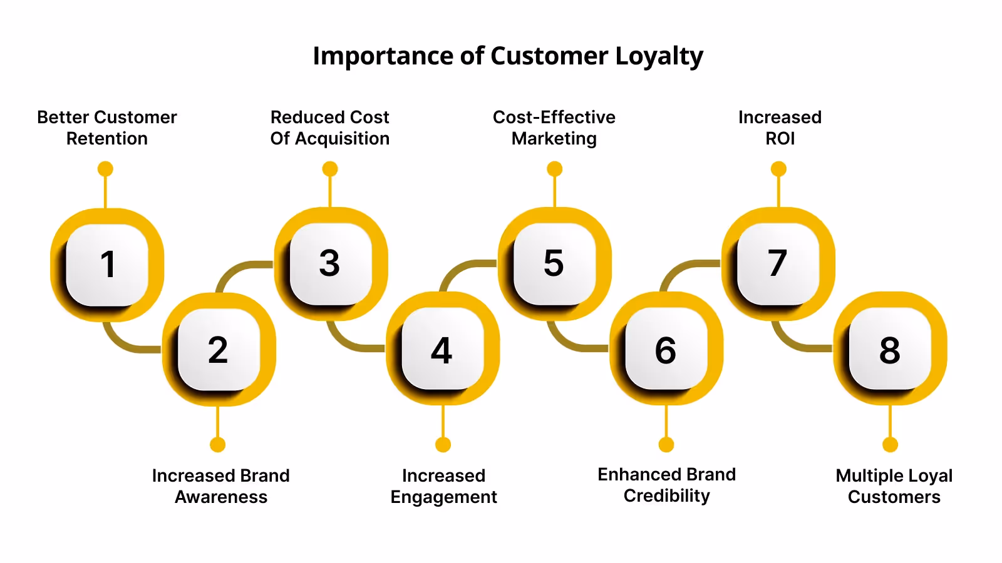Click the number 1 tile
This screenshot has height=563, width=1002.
107,264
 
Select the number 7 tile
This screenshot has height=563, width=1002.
778,263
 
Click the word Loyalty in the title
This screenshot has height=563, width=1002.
659,57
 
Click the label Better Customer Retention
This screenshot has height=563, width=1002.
107,128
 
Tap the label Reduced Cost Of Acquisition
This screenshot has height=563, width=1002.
330,128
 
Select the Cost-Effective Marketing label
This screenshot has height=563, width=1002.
554,128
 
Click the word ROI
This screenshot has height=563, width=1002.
780,139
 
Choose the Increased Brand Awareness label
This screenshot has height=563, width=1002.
221,486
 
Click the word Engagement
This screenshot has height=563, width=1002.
443,497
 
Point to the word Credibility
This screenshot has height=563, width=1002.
667,496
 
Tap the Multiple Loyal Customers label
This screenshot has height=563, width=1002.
894,486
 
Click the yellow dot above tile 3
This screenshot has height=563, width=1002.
330,169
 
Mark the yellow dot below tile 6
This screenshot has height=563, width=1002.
666,445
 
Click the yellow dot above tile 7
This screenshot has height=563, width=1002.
778,169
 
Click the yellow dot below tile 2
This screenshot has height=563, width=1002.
218,445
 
